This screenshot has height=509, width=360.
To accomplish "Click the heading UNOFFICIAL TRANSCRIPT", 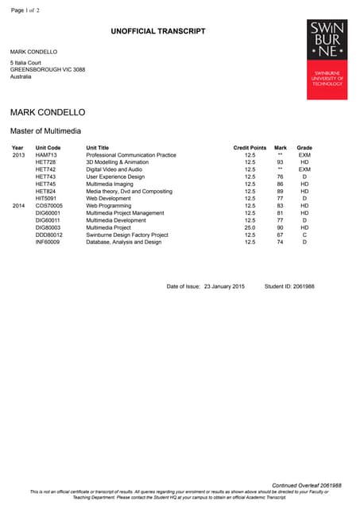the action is click(158, 31).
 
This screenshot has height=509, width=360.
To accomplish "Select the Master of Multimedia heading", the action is click(45, 130).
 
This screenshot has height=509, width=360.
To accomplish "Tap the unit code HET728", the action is click(46, 162).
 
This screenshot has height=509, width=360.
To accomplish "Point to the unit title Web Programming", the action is click(107, 205).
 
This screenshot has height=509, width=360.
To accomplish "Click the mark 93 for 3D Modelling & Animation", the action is click(280, 162).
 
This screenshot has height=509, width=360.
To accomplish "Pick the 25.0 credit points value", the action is click(250, 227).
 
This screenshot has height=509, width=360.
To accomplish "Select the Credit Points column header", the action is click(250, 148).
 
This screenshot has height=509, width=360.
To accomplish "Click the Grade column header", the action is click(304, 148).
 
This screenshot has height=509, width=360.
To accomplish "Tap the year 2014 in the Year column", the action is click(18, 205).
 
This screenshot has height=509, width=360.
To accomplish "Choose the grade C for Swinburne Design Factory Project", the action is click(304, 235).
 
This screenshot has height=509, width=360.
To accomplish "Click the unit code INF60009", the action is click(48, 242).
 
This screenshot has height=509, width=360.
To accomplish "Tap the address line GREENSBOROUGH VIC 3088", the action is click(47, 69).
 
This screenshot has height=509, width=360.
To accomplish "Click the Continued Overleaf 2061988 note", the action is click(307, 485).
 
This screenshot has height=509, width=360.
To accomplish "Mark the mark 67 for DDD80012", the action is click(280, 235).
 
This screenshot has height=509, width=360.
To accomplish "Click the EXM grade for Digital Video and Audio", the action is click(304, 169).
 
